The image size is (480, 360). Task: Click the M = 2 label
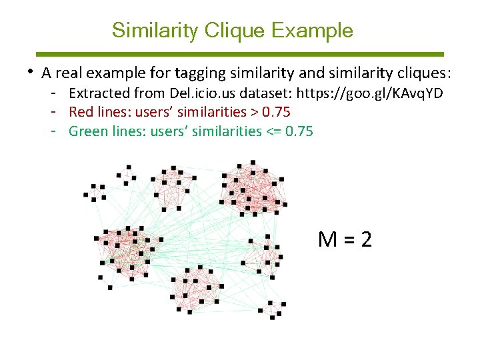tap(345, 239)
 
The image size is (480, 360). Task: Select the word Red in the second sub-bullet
tap(81, 112)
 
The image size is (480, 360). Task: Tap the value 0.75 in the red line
tap(276, 112)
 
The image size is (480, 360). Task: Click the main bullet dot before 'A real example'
tap(31, 71)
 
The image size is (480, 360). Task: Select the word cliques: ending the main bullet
tap(426, 72)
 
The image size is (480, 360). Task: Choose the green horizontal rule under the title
tap(239, 54)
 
